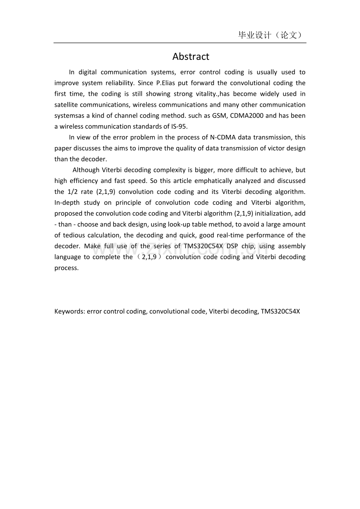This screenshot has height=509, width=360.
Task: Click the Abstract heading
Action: pos(191,57)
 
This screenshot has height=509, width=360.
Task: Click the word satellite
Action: pos(66,105)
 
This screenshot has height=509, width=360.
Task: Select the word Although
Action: pos(86,170)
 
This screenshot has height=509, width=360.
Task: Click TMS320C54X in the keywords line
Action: pos(280,312)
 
